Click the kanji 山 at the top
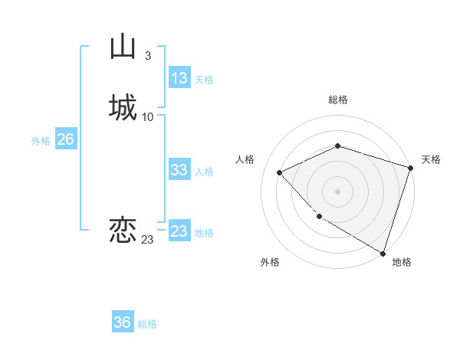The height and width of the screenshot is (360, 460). click(123, 47)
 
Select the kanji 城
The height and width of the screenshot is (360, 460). click(123, 107)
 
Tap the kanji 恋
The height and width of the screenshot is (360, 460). click(123, 231)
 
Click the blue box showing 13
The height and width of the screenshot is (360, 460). click(179, 78)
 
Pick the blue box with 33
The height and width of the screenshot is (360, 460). click(179, 171)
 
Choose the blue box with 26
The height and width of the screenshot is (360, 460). click(65, 139)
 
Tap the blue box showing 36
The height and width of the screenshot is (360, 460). click(123, 322)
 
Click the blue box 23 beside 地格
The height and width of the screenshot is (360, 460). click(179, 231)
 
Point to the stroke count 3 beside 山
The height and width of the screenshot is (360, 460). click(147, 56)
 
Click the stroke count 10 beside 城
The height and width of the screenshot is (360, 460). click(148, 117)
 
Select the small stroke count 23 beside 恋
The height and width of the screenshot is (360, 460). click(147, 240)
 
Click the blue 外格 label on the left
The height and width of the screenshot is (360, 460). click(40, 141)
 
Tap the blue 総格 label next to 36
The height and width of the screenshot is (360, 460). click(147, 324)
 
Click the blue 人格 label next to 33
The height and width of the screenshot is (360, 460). click(204, 172)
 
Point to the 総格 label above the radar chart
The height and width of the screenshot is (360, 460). click(338, 100)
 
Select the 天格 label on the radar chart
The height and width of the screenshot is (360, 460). click(431, 159)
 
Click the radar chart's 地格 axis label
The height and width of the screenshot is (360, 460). click(402, 263)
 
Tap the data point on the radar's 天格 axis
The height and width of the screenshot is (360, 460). click(411, 168)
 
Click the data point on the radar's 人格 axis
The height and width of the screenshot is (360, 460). click(280, 172)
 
